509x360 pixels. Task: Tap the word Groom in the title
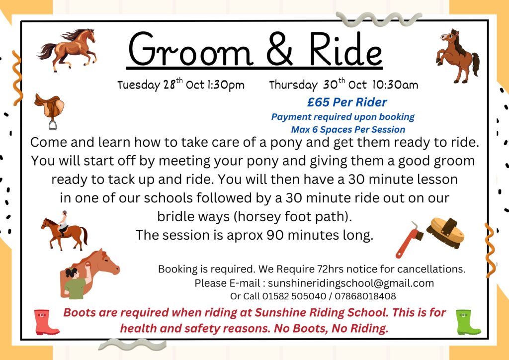(190, 49)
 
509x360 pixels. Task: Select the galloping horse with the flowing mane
(68, 50)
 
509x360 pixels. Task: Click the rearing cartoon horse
(457, 56)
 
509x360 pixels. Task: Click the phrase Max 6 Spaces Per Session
(348, 129)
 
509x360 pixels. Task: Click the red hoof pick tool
(410, 240)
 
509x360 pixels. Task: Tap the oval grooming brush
(445, 232)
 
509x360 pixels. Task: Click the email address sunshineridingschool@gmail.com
(351, 283)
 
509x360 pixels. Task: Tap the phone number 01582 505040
(294, 296)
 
